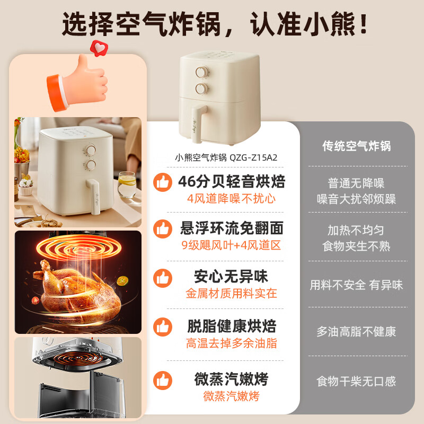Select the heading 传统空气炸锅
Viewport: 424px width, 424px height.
pyautogui.click(x=357, y=146)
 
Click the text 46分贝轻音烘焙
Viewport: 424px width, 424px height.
pyautogui.click(x=232, y=182)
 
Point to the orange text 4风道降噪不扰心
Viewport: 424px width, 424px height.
pyautogui.click(x=232, y=199)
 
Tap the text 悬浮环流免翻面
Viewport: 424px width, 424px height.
pyautogui.click(x=232, y=228)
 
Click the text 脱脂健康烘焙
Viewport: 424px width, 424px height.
pyautogui.click(x=232, y=325)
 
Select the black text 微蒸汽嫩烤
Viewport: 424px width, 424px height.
pyautogui.click(x=232, y=379)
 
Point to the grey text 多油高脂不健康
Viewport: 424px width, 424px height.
pyautogui.click(x=356, y=332)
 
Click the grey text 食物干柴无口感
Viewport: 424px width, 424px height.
pyautogui.click(x=356, y=381)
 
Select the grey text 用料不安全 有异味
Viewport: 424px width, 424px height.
pyautogui.click(x=356, y=285)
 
